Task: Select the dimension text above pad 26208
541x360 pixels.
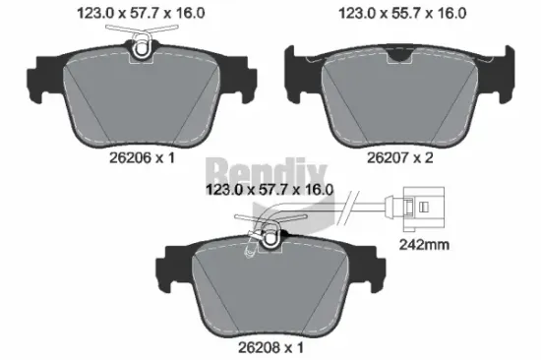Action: tap(269, 192)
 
